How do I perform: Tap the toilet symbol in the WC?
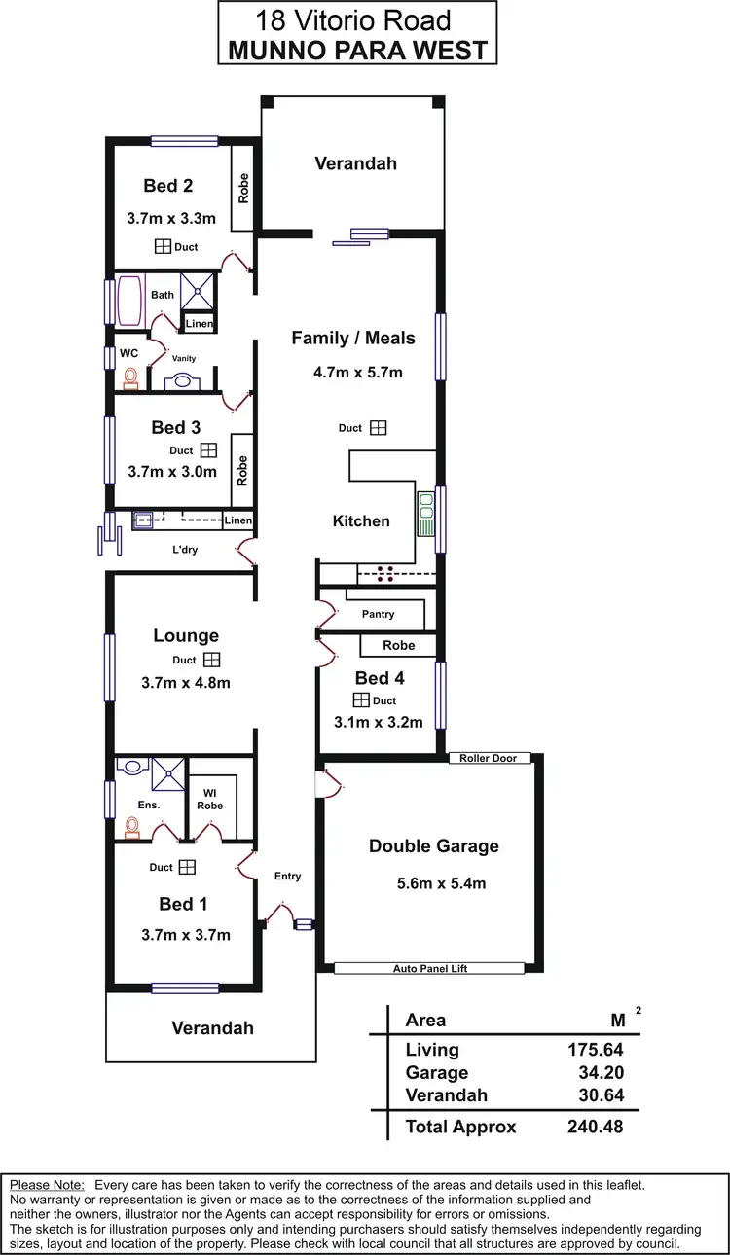(131, 378)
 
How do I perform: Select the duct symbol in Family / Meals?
(378, 428)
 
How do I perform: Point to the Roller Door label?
(490, 758)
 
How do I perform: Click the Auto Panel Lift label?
(429, 969)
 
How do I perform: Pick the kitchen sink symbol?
(426, 515)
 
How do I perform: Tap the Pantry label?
(378, 614)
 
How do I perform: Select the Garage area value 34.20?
(595, 1073)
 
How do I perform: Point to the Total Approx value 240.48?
(595, 1128)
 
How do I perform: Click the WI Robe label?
(209, 799)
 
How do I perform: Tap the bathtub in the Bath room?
(129, 302)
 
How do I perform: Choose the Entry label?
(287, 877)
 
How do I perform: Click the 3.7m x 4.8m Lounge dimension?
(185, 683)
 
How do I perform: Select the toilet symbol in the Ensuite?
(131, 828)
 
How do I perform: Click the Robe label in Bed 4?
(398, 645)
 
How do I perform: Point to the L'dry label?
(184, 550)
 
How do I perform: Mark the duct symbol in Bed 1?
(187, 867)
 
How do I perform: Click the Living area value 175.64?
(595, 1050)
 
